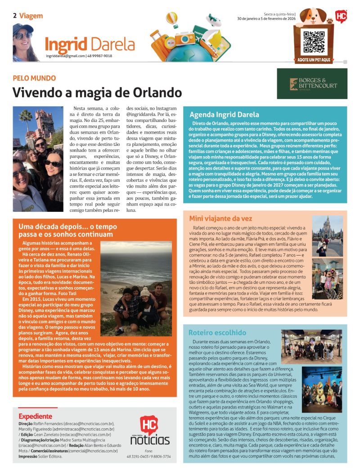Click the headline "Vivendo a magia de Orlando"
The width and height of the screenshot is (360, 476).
tap(97, 92)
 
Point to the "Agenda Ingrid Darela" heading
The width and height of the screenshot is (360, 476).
tap(224, 114)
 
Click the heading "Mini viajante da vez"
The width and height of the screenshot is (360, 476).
tap(220, 219)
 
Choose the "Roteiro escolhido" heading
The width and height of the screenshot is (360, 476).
tap(217, 332)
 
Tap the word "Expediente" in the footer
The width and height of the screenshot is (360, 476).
tap(35, 416)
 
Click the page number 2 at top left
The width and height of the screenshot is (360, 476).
tap(15, 16)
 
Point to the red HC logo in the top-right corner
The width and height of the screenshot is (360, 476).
tap(341, 17)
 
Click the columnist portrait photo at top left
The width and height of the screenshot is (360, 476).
tap(26, 42)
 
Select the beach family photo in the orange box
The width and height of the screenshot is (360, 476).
tap(136, 288)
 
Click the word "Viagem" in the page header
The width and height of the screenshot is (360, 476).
tap(31, 16)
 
